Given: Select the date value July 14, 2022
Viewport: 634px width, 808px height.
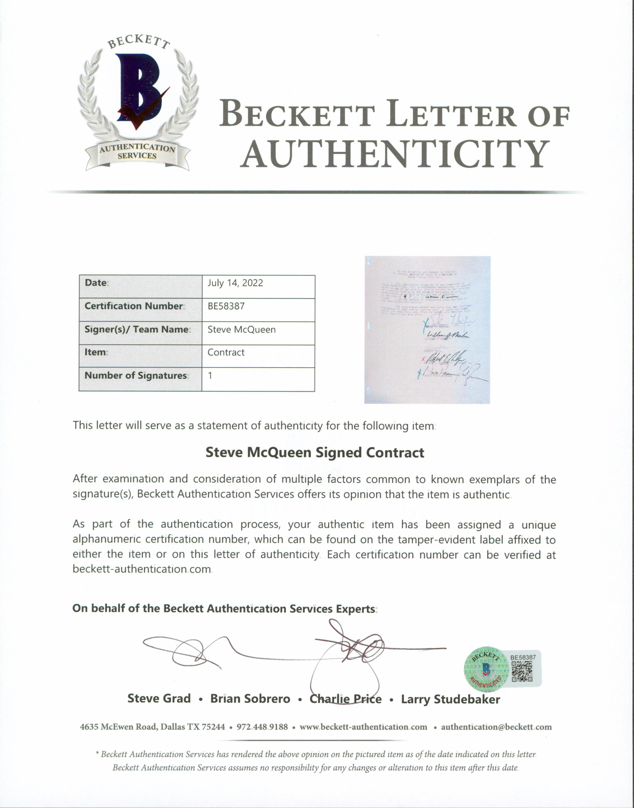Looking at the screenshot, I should [235, 283].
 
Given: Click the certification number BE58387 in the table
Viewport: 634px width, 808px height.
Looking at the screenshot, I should [226, 306].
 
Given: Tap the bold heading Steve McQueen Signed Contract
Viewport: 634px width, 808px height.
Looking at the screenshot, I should [315, 453].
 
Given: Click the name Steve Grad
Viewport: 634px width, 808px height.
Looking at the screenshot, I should [159, 698].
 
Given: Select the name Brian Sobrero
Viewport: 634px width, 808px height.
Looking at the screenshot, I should [250, 698].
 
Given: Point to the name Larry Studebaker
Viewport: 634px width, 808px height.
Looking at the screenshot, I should [450, 699].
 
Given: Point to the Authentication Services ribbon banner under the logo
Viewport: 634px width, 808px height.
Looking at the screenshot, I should [137, 152].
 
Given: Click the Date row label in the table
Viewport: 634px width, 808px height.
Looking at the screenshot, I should [96, 283].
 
